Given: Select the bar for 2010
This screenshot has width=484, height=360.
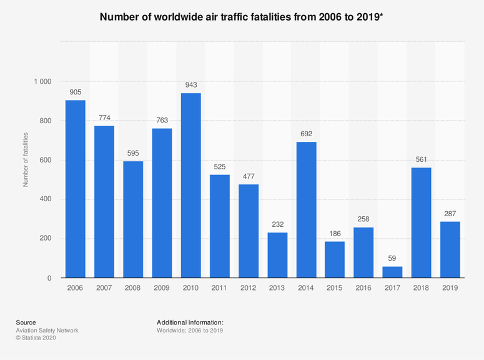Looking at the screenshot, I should [x=190, y=186].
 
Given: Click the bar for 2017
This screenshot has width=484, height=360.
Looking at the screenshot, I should [x=392, y=272].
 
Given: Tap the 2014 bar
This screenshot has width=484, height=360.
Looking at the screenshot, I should [x=306, y=210].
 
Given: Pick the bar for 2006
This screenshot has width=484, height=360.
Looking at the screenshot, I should [x=75, y=189].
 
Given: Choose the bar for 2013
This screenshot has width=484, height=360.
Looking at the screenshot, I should [x=277, y=255].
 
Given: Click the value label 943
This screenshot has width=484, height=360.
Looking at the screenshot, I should [x=190, y=84].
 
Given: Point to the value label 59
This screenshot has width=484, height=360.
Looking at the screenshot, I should [x=392, y=258].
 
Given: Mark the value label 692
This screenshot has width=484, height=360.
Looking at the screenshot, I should [x=306, y=134].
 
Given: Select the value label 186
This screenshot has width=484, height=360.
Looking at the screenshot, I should [x=335, y=233].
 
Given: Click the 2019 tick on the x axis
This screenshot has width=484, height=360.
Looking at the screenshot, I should [x=450, y=288].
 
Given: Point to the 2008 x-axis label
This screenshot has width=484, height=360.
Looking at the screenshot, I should [x=133, y=288].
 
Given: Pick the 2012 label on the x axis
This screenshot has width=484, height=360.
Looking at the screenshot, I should [x=249, y=288].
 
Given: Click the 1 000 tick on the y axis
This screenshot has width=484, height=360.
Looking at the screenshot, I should [x=42, y=82].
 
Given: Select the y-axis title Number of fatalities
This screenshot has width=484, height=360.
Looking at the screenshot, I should [x=26, y=160].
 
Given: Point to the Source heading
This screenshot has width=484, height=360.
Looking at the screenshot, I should [x=26, y=322].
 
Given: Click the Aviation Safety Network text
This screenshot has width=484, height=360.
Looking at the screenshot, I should [x=47, y=330].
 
